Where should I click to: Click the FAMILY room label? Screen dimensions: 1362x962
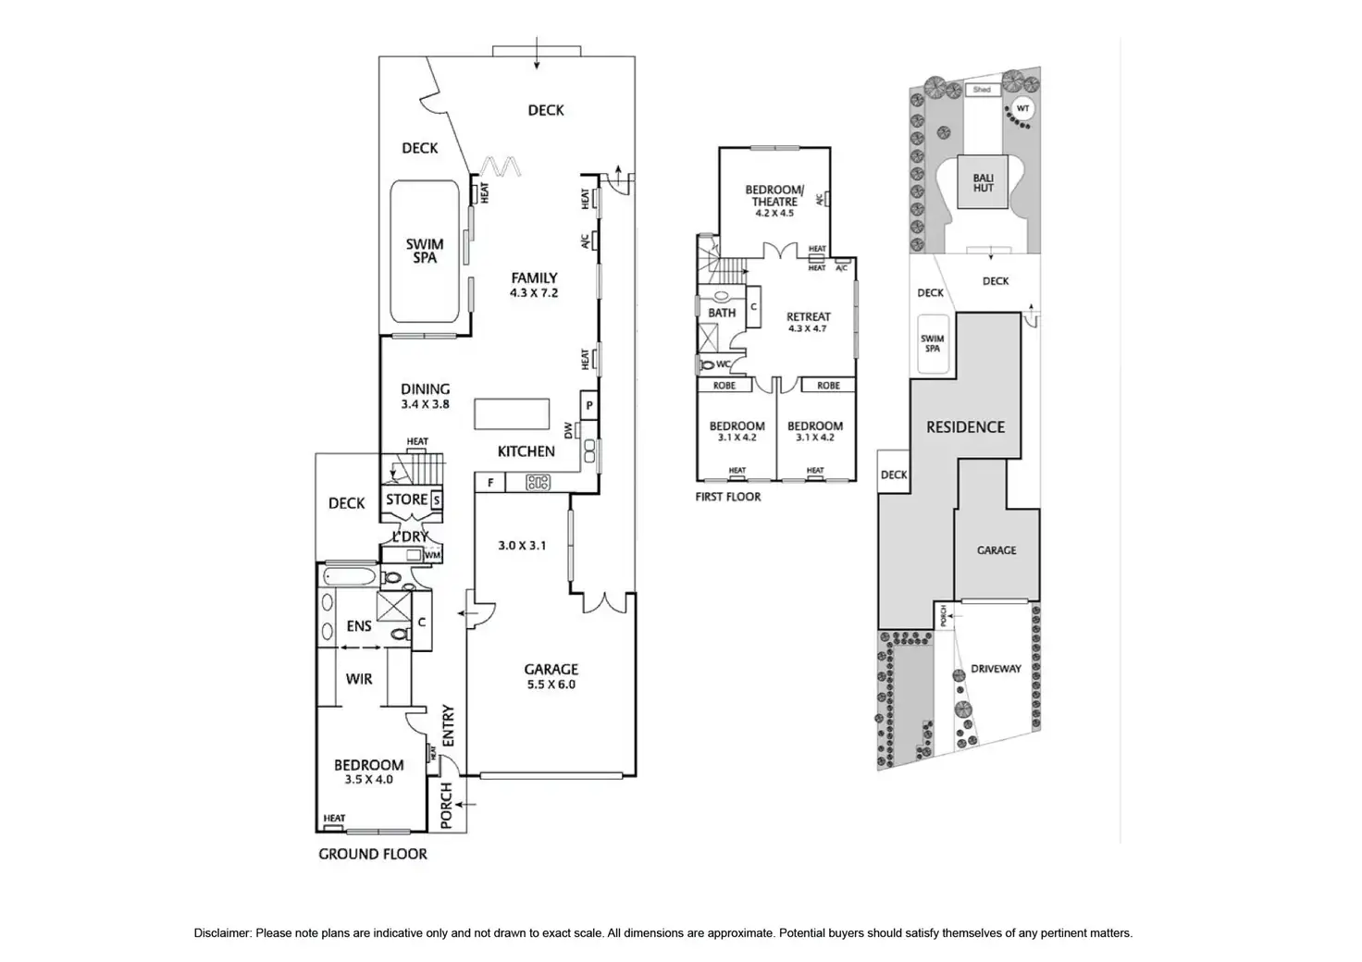click(535, 277)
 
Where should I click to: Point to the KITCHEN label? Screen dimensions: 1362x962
click(526, 451)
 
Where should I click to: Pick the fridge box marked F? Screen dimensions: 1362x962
click(490, 483)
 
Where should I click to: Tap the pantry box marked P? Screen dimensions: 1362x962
click(588, 406)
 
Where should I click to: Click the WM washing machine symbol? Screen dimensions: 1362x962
click(432, 555)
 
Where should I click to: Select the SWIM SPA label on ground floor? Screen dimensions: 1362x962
click(425, 251)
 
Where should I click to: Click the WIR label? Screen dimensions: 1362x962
click(359, 679)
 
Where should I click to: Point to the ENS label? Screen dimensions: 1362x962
click(359, 626)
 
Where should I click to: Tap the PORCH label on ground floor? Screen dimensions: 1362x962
click(446, 806)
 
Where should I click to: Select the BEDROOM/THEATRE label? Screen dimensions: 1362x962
click(774, 196)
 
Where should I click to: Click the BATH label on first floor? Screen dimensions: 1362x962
click(722, 313)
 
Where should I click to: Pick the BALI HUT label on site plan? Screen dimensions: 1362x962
click(983, 182)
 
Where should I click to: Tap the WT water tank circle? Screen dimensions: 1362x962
click(1021, 108)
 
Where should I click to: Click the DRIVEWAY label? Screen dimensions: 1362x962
click(996, 669)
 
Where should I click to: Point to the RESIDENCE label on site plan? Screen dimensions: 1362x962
click(965, 427)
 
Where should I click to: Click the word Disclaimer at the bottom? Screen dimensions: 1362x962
click(222, 933)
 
